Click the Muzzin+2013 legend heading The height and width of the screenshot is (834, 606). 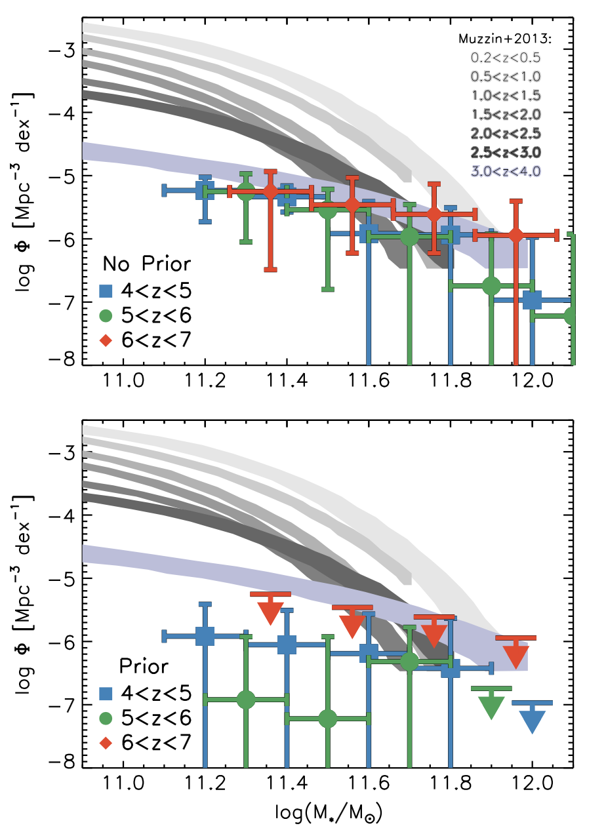(506, 39)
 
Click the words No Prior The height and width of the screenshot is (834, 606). (148, 264)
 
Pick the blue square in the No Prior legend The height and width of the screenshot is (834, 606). (104, 290)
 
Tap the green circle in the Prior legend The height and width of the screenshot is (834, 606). (104, 718)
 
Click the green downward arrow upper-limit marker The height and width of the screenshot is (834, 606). (491, 705)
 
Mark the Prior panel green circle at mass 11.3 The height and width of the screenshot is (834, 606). (246, 700)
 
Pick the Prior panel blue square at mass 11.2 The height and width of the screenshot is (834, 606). (205, 635)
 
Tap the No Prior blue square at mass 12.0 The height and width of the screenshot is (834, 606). (532, 300)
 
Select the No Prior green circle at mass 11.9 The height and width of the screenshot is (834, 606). (491, 285)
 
